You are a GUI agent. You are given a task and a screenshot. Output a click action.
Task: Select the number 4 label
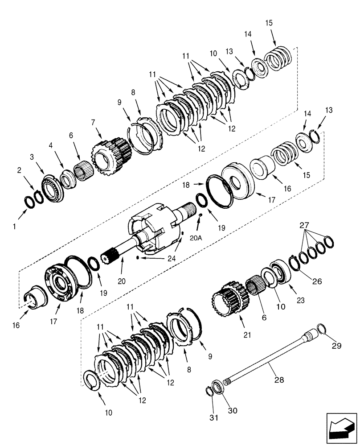click(x=50, y=145)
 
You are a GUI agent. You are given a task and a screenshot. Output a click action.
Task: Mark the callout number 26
click(x=317, y=281)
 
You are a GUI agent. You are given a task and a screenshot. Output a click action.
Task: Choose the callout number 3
click(x=32, y=157)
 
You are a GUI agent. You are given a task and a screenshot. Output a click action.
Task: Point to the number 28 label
click(x=279, y=380)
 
